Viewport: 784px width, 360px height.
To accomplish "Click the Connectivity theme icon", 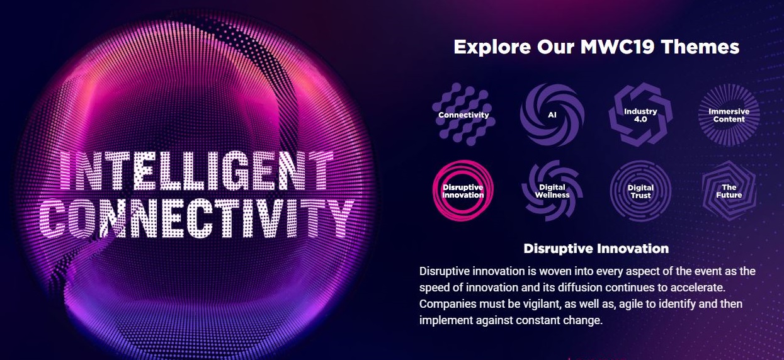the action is [x=463, y=115].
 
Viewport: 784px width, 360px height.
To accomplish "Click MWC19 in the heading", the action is [x=617, y=47].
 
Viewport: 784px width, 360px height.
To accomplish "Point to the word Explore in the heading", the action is [x=492, y=47].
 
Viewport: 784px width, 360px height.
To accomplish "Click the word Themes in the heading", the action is [x=700, y=47].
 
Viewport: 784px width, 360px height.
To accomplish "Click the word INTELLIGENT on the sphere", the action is [x=196, y=171].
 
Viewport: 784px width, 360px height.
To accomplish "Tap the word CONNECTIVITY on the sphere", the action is [x=197, y=218].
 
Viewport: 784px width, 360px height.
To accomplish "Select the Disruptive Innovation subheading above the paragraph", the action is [x=596, y=249].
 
